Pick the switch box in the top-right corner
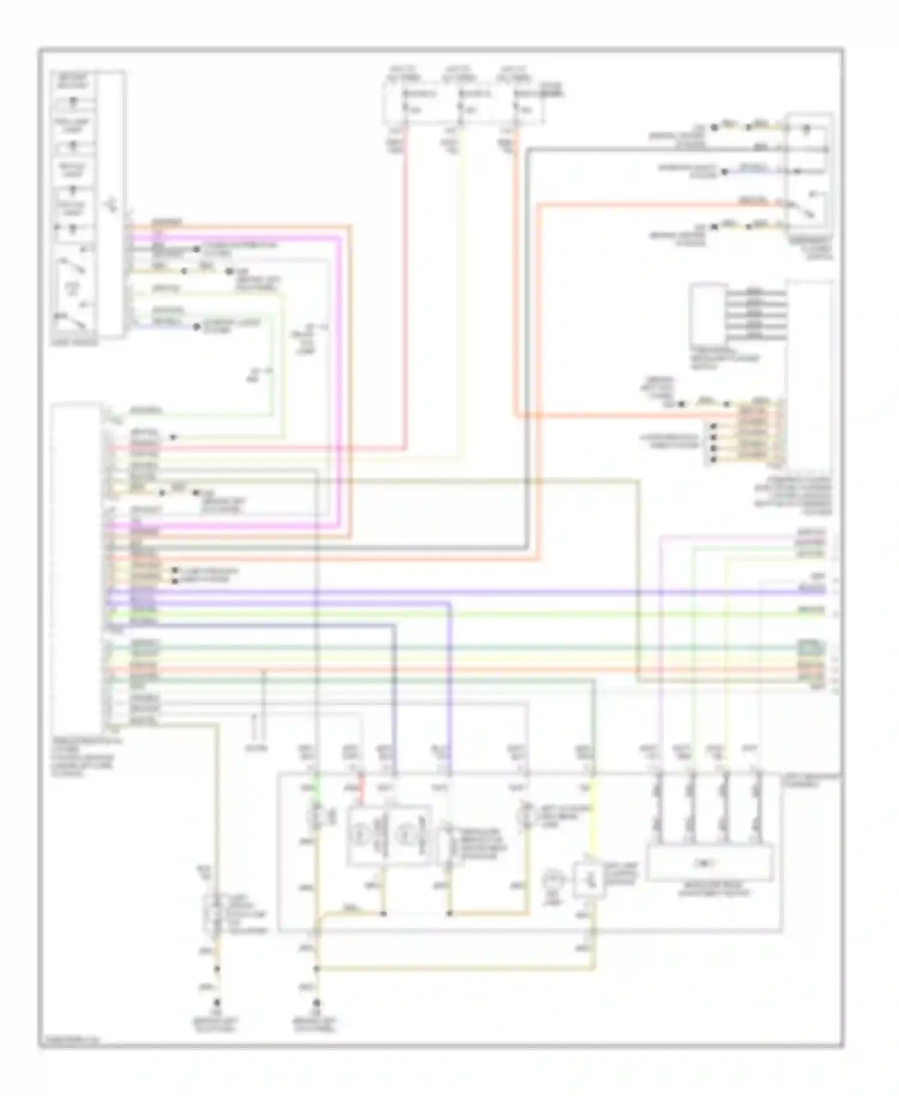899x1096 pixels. click(x=809, y=174)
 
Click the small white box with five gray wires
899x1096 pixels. click(x=707, y=315)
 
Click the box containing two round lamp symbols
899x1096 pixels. click(x=390, y=835)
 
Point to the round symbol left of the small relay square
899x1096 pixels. click(x=550, y=882)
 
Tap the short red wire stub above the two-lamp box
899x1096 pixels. click(x=361, y=791)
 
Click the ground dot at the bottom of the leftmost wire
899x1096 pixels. click(x=218, y=1003)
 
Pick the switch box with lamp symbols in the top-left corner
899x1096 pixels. click(x=89, y=204)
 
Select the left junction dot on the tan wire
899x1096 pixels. click(x=384, y=914)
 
